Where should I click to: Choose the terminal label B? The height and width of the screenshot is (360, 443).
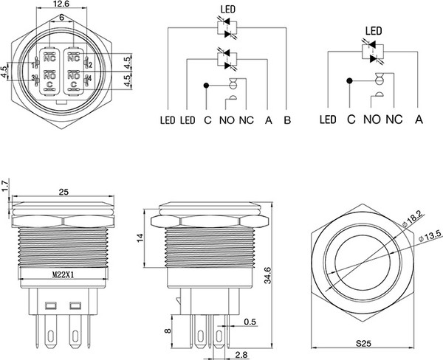(286, 120)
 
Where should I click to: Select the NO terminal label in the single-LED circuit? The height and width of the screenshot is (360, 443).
(372, 120)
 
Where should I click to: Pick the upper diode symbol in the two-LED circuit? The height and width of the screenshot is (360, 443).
(227, 29)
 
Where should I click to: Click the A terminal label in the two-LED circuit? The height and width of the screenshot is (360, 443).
(268, 120)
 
